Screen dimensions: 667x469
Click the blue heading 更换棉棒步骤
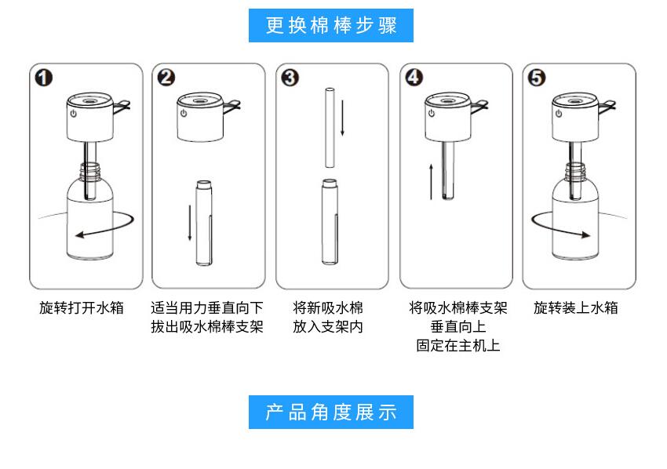click(x=331, y=26)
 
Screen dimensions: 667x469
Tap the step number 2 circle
click(x=167, y=78)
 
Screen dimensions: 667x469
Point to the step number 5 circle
click(x=538, y=78)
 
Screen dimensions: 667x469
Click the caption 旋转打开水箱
click(x=82, y=308)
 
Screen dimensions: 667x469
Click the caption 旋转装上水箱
click(x=576, y=308)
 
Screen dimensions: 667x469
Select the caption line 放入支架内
click(x=328, y=326)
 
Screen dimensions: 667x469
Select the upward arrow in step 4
click(x=431, y=180)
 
